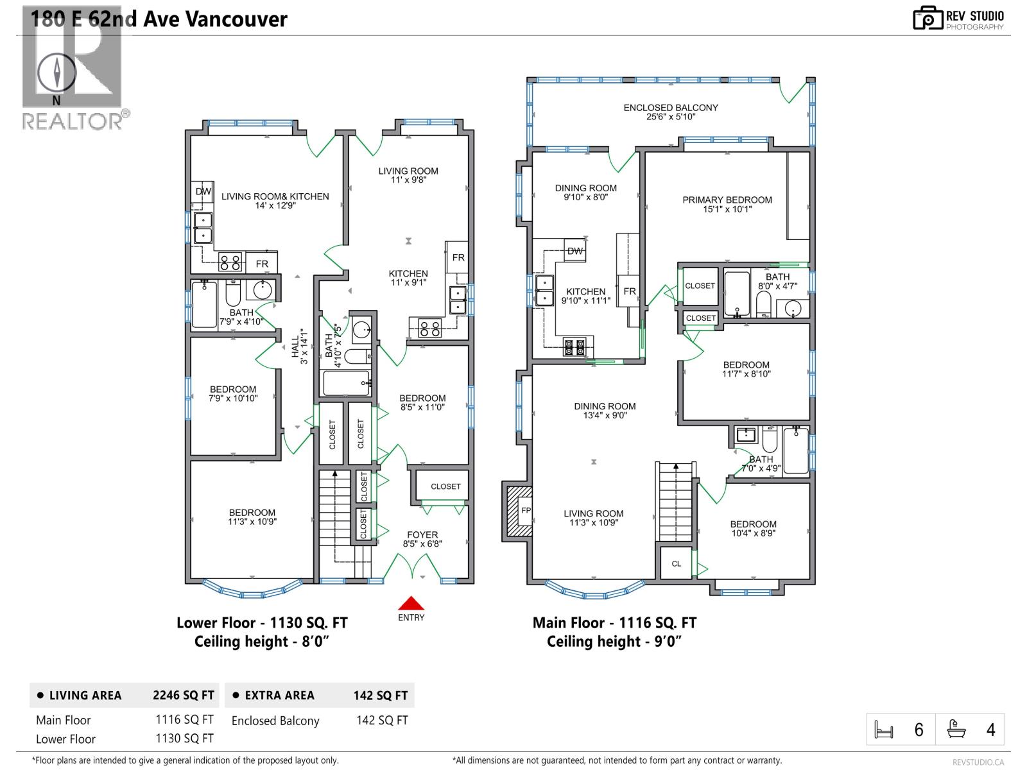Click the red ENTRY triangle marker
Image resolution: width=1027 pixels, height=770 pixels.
coord(411,603)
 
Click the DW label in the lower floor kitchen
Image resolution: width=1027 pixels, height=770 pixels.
coord(203,191)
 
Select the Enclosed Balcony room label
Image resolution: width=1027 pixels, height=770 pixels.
coord(671,112)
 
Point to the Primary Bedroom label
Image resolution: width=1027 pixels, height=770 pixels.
coord(727,204)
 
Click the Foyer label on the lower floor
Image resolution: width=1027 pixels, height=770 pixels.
coord(422,539)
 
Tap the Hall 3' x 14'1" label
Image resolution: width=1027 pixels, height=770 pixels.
coord(299,346)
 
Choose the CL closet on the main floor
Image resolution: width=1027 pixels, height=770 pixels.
coord(676,563)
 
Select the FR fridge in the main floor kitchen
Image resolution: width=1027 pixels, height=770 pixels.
coord(630,291)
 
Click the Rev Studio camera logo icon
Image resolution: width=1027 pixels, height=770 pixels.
coord(928,18)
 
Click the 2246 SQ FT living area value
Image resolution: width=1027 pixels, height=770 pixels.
coord(183,695)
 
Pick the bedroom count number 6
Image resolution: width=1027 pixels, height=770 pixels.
coord(919,730)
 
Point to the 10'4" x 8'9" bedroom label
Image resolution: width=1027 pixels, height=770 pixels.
coord(753,528)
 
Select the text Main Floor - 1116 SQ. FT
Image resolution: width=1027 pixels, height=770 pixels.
coord(614,622)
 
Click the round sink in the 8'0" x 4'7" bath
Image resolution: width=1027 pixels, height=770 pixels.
coord(793,309)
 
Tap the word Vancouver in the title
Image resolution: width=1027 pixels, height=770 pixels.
coord(237,19)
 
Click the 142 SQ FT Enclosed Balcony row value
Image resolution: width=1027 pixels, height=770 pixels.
coord(382,720)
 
